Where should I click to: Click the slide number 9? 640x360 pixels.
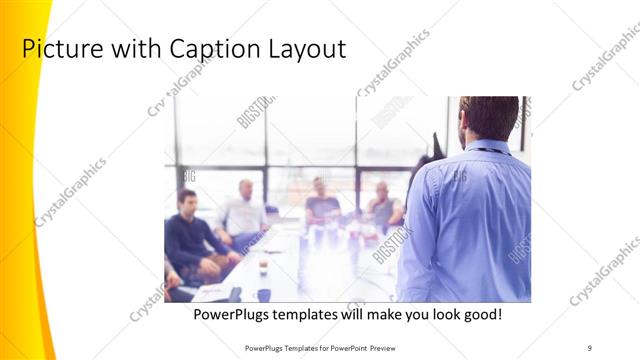[590, 347]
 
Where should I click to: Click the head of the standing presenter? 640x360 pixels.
[489, 118]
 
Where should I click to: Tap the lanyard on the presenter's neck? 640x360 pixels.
[489, 151]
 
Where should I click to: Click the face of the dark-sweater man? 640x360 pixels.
[187, 203]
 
